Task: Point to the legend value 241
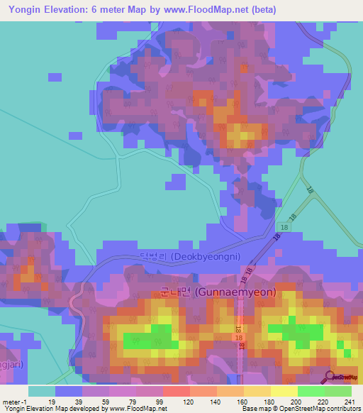point(347,401)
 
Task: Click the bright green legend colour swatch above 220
point(311,391)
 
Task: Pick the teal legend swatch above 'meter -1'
point(41,391)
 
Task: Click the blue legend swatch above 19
point(69,391)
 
